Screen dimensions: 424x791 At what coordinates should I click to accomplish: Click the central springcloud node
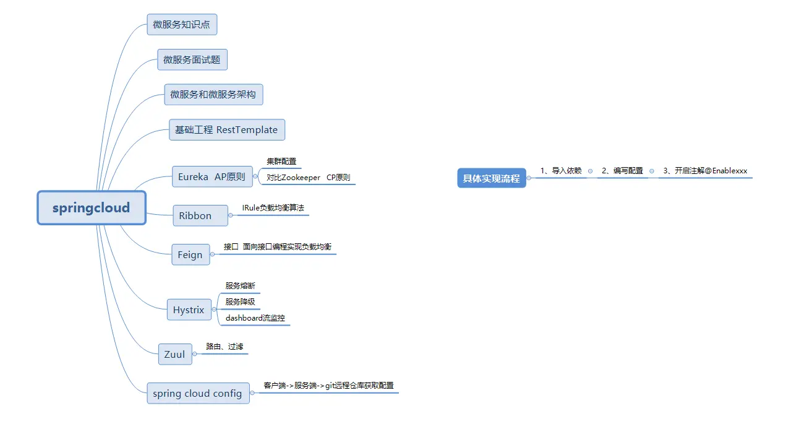(92, 208)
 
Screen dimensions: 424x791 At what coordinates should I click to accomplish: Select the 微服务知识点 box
(182, 25)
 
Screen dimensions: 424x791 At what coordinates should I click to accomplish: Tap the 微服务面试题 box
(192, 60)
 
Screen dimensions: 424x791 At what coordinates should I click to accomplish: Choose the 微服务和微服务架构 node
(213, 95)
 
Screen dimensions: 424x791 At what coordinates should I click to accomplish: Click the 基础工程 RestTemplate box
(226, 130)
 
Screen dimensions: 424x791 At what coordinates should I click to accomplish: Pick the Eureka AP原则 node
(212, 176)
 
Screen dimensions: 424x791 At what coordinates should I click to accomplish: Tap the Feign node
(190, 254)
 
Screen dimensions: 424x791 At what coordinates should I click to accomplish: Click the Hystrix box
(189, 309)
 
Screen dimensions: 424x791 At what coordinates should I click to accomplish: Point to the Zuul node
(174, 354)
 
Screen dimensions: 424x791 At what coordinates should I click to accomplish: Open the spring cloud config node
(198, 393)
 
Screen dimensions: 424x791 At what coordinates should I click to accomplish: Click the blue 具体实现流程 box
(492, 178)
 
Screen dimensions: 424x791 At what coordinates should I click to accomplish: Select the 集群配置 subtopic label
(281, 162)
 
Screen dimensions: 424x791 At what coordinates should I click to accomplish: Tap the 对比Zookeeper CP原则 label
(308, 178)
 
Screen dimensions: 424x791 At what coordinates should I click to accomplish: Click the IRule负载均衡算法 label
(273, 209)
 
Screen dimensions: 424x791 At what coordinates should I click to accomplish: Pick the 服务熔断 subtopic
(240, 286)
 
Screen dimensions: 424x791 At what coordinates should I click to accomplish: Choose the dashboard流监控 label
(255, 318)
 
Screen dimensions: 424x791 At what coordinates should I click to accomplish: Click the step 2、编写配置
(622, 171)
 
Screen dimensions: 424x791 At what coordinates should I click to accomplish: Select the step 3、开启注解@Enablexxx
(705, 171)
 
